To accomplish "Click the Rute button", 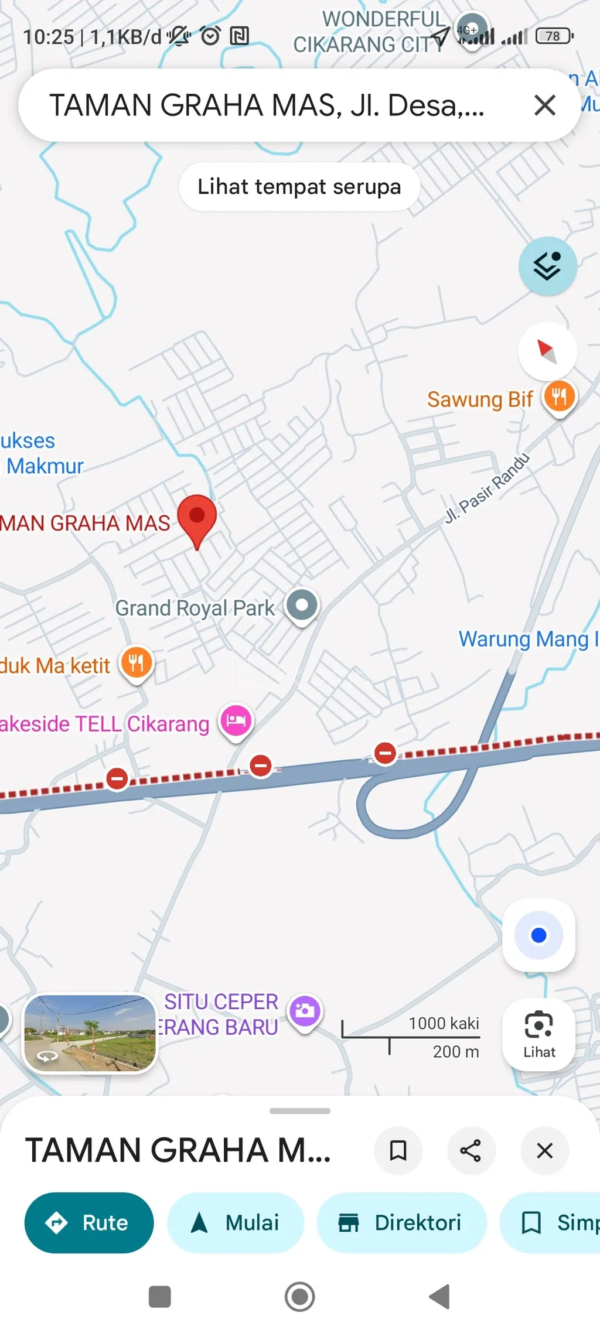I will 89,1222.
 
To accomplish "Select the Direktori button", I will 401,1222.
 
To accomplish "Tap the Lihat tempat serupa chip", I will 299,187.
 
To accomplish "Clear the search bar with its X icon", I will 544,105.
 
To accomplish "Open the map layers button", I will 547,266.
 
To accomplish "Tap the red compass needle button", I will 547,351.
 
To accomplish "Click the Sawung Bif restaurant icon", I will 560,397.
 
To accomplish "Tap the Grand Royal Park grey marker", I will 302,605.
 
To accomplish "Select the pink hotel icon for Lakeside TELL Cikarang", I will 236,720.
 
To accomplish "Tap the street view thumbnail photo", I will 90,1033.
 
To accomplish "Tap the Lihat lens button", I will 538,1034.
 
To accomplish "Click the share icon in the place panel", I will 471,1150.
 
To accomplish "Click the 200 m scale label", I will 455,1052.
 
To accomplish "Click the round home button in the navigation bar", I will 299,1296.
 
